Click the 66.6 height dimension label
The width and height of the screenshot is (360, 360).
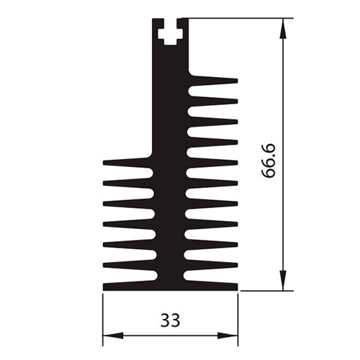[x=269, y=161]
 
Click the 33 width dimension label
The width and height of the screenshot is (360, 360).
[x=170, y=320]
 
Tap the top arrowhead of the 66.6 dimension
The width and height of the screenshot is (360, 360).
[x=284, y=28]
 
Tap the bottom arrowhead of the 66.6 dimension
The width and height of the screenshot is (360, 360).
[x=284, y=281]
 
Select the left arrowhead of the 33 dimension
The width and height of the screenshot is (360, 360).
[x=113, y=336]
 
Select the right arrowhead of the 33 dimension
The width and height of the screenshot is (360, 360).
[x=228, y=336]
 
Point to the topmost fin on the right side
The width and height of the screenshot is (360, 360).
[x=213, y=80]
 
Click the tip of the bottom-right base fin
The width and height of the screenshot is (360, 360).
[x=237, y=287]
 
